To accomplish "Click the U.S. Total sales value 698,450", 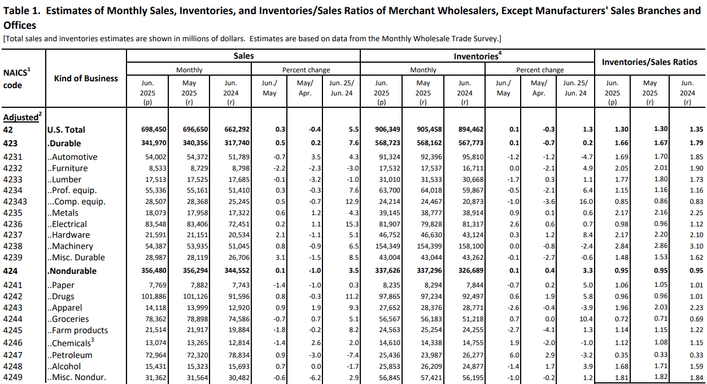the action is tap(154, 129).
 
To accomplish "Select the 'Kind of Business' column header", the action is tap(86, 78).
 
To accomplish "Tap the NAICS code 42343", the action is tap(15, 202).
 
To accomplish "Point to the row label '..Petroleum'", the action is tap(70, 355).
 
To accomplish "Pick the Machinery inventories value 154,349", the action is tap(387, 246).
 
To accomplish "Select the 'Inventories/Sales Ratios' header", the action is tap(649, 62).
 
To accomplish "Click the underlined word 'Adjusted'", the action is tap(21, 117).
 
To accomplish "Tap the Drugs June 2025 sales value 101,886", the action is tap(154, 296).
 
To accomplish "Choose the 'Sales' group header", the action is tap(243, 56).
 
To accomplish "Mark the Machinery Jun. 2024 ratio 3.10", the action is tap(696, 246).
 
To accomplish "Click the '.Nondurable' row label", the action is tap(72, 271).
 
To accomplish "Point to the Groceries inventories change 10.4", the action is tap(586, 319).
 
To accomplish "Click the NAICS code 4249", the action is tap(12, 377).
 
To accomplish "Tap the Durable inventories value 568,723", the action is tap(387, 143).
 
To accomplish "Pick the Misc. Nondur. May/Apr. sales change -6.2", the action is tap(315, 377).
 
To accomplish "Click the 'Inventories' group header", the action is tap(476, 56).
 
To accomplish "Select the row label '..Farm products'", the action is tap(77, 330).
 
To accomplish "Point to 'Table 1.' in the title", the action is tap(22, 11).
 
